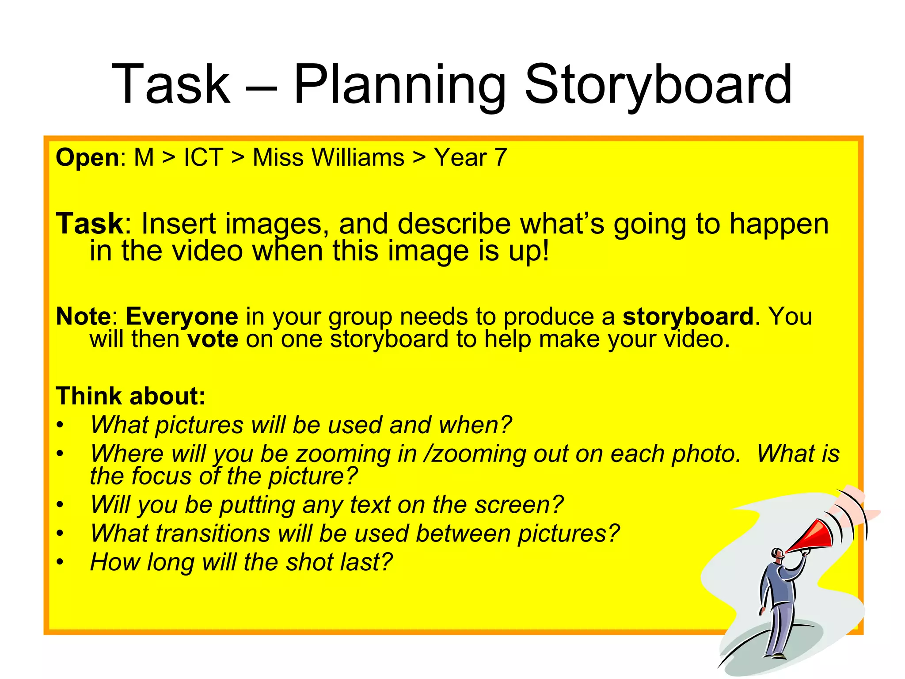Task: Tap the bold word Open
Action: click(87, 158)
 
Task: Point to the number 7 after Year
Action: click(500, 157)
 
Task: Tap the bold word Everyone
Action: click(182, 317)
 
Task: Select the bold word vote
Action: click(213, 339)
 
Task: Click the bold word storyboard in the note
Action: click(688, 317)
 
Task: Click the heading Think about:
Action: click(131, 396)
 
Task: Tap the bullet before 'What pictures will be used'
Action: click(60, 426)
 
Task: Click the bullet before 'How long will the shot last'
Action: click(60, 563)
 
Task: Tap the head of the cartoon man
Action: click(777, 553)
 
